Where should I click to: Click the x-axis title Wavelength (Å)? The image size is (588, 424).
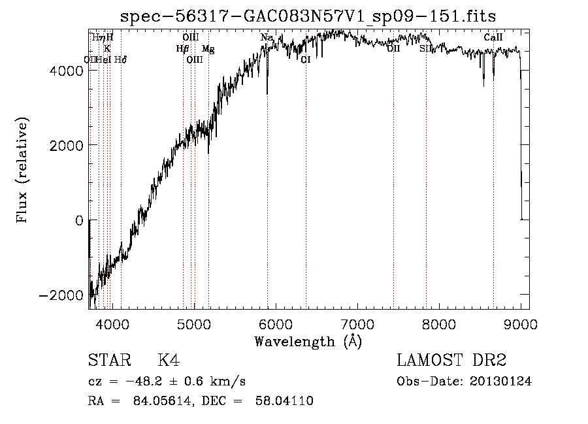pos(308,342)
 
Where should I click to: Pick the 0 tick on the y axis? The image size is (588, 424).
pos(78,220)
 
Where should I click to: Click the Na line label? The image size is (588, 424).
pos(267,38)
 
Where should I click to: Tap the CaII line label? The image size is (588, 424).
pos(493,38)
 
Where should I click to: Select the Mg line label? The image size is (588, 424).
pos(208,49)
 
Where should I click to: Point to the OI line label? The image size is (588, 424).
pos(305,59)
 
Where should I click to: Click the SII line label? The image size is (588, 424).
pos(426,49)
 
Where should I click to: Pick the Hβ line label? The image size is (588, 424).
pos(182,49)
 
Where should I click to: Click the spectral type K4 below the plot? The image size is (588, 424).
pos(169,361)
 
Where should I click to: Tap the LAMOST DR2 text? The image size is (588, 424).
pos(451,361)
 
